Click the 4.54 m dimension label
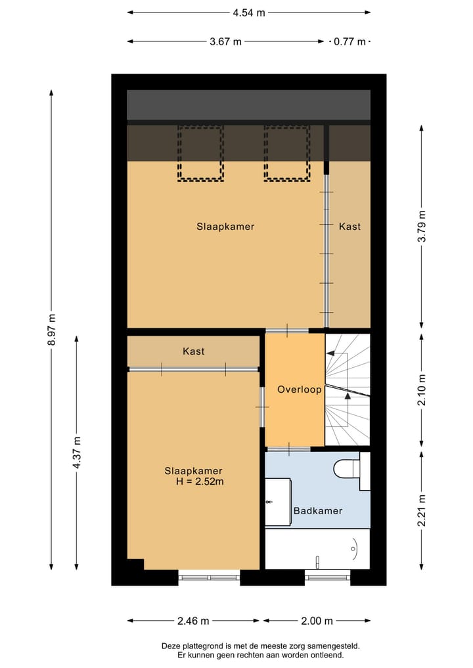click(248, 12)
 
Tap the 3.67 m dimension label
click(225, 41)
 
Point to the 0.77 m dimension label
click(349, 41)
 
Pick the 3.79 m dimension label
click(422, 226)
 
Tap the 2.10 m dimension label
click(422, 390)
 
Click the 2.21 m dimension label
click(422, 510)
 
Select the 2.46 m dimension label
click(193, 621)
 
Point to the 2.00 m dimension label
click(317, 621)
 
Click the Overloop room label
click(299, 390)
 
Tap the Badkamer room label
click(318, 510)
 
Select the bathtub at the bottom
click(317, 549)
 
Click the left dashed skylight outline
click(200, 154)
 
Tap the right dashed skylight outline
click(287, 154)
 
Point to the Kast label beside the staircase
click(349, 227)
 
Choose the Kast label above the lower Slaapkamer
click(193, 351)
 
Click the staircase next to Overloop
click(348, 390)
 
